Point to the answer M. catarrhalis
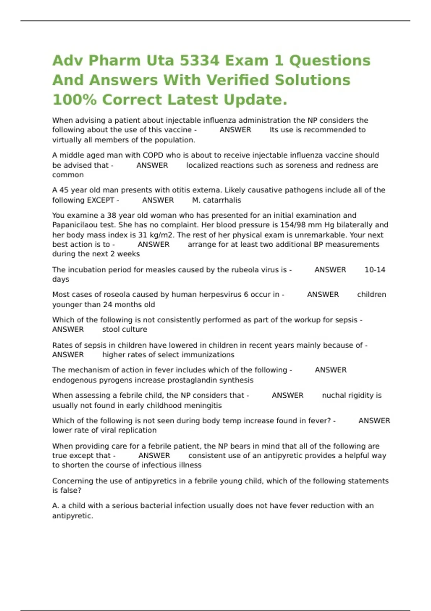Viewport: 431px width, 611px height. (x=216, y=200)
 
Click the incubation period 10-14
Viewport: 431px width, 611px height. (x=375, y=270)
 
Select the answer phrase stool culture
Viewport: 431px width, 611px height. (x=124, y=330)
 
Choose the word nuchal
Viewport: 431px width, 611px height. (x=333, y=395)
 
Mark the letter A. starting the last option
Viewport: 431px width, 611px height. (x=56, y=506)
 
